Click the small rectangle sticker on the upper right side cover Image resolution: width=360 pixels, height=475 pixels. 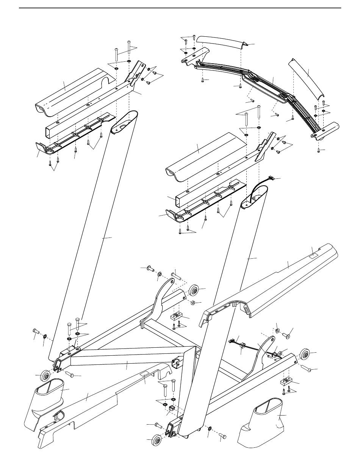(x=314, y=256)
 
